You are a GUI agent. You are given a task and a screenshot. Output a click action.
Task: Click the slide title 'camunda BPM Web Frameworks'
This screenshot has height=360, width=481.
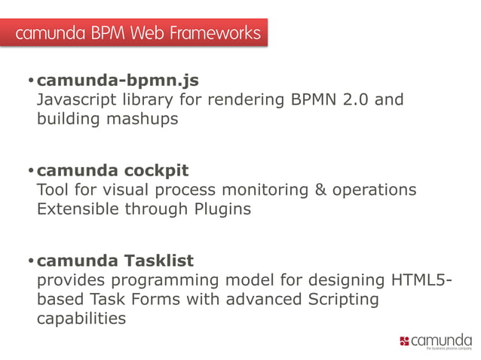[137, 33]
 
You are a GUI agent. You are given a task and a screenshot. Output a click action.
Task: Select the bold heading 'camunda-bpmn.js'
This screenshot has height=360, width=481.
[118, 80]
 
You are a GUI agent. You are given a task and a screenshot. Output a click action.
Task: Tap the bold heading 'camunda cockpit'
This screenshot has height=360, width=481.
[112, 170]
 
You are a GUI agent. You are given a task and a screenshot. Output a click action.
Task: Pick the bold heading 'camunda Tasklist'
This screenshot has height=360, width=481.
[115, 261]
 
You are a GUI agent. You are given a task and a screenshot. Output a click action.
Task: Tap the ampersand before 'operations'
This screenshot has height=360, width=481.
[320, 190]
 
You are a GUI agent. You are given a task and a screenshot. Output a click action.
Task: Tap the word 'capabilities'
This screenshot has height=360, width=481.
[81, 319]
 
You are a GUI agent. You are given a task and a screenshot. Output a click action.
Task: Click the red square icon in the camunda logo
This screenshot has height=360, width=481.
[404, 342]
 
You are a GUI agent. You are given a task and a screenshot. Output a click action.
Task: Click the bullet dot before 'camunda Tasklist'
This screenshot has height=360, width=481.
[30, 261]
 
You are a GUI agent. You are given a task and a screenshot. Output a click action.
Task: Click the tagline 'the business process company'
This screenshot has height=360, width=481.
[449, 349]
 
